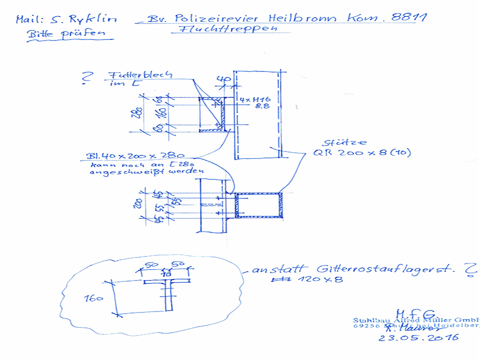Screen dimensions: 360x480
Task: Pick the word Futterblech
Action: pos(139,75)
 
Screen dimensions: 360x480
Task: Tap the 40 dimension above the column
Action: pos(223,79)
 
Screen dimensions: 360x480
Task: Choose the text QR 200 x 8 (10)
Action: pos(362,153)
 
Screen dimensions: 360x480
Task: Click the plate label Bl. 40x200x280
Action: pos(131,155)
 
